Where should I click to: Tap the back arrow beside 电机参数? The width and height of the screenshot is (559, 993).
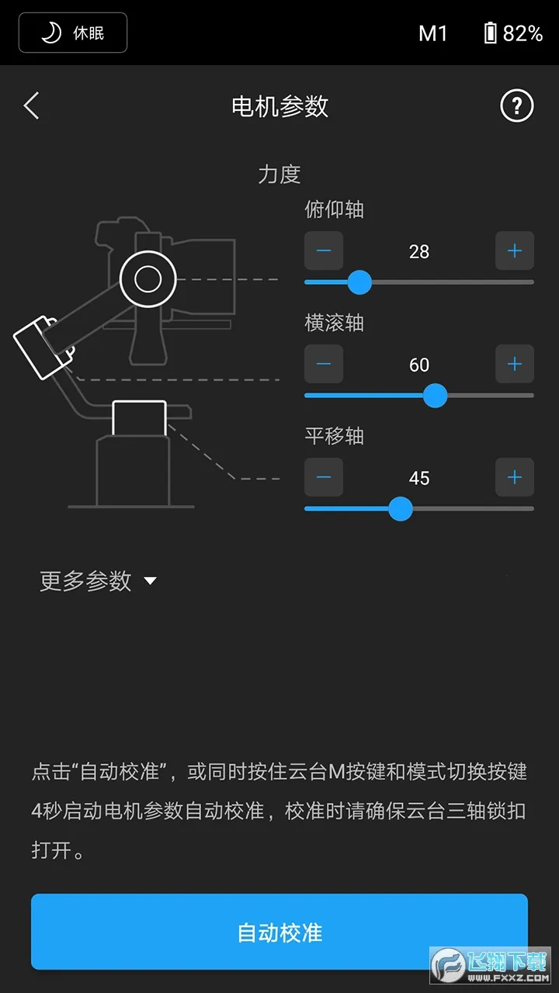[x=31, y=106]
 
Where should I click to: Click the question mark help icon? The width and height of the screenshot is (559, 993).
[x=516, y=106]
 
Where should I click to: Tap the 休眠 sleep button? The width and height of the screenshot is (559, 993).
[x=73, y=33]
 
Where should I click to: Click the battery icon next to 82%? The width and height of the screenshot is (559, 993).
[x=490, y=33]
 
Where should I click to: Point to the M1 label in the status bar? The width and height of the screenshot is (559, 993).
[x=432, y=33]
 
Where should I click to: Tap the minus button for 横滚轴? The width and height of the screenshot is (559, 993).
[x=324, y=364]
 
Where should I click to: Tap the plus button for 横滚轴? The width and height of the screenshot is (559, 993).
[x=515, y=364]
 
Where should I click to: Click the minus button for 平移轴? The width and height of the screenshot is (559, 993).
[x=324, y=477]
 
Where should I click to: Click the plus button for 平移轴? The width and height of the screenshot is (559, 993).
[x=515, y=477]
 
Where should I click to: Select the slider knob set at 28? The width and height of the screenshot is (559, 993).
[x=359, y=282]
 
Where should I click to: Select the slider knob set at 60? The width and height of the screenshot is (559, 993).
[x=435, y=396]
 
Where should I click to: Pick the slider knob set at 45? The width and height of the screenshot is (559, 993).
[x=400, y=509]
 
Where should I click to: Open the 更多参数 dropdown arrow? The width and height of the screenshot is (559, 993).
[x=151, y=581]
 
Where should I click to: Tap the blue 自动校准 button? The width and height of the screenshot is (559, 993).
[x=279, y=932]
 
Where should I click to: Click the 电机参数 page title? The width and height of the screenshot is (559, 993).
[x=279, y=106]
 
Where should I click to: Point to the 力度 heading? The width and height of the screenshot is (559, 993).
[x=279, y=174]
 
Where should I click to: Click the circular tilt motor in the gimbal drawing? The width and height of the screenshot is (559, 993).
[x=148, y=279]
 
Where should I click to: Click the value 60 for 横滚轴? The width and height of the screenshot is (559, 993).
[x=419, y=365]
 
